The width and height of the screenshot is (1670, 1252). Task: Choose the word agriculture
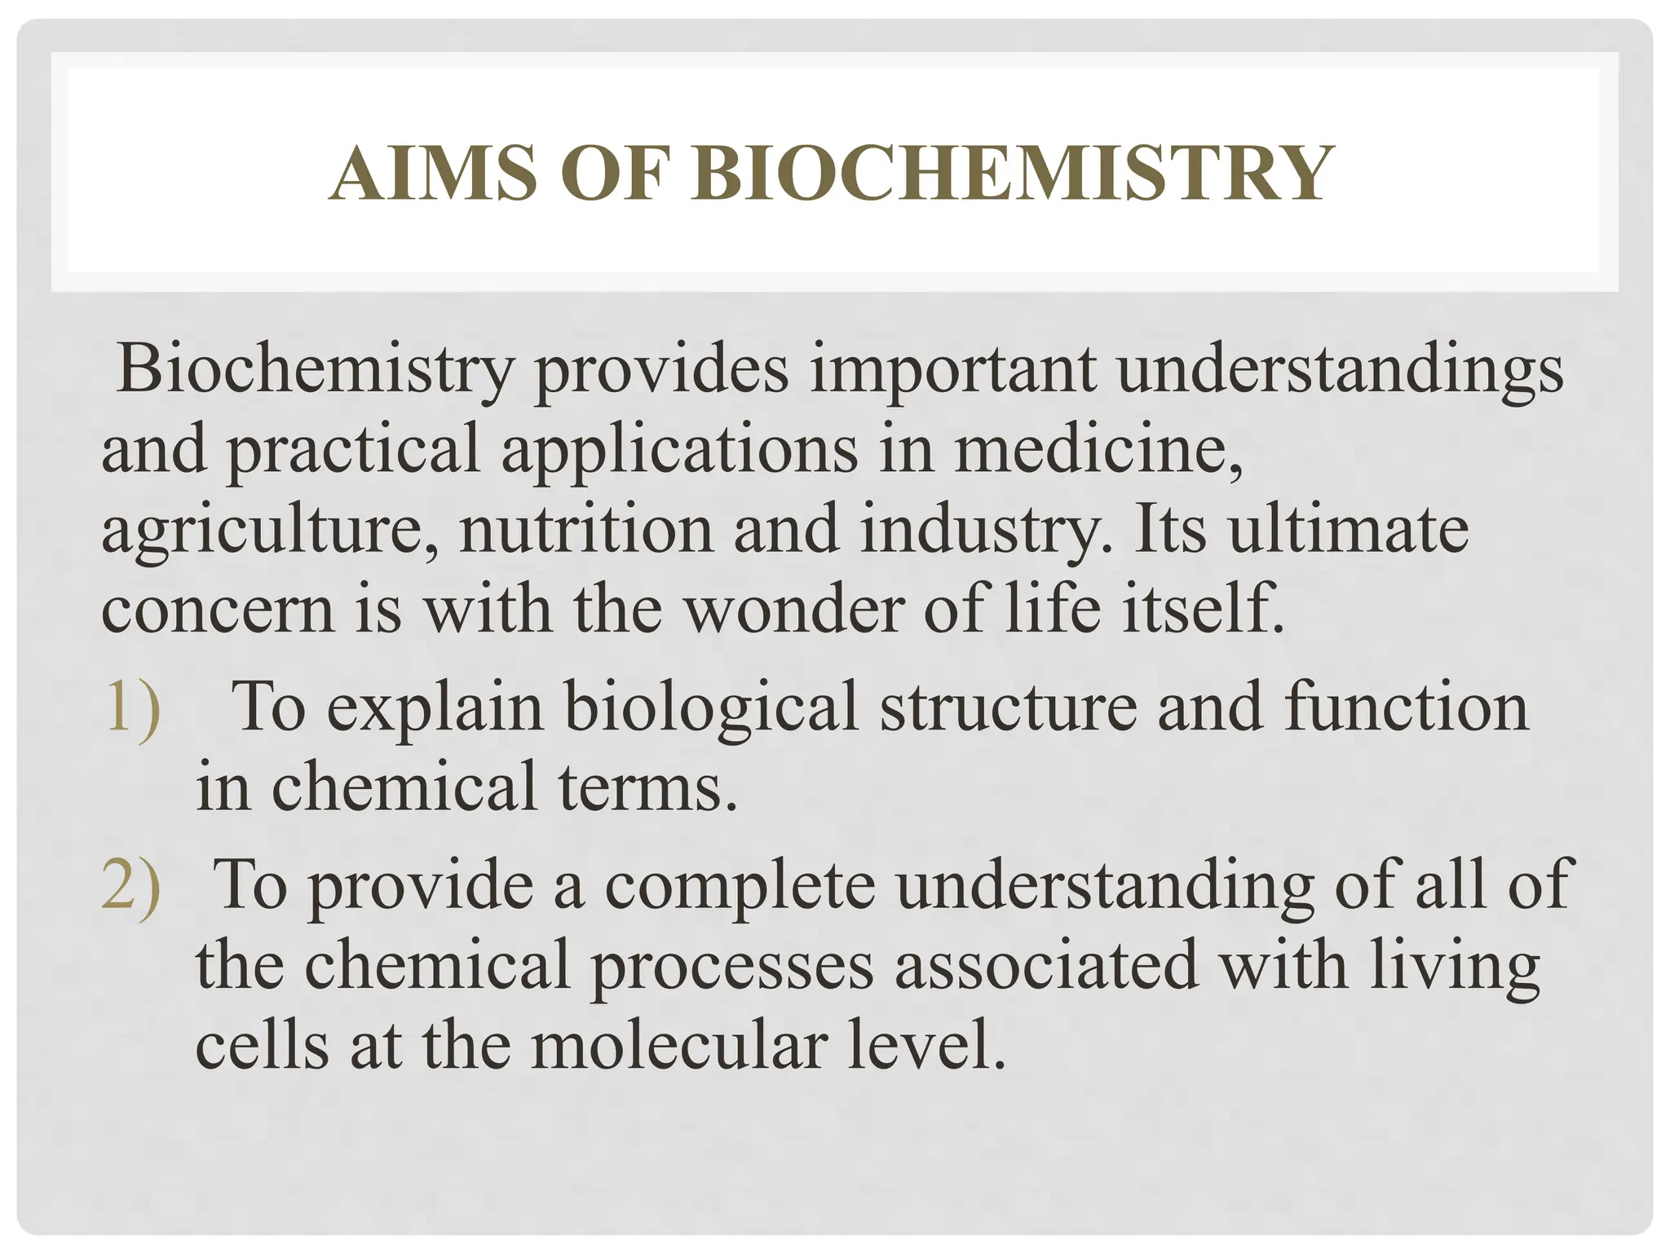tap(268, 530)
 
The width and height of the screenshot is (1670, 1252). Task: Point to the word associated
tap(1047, 965)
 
